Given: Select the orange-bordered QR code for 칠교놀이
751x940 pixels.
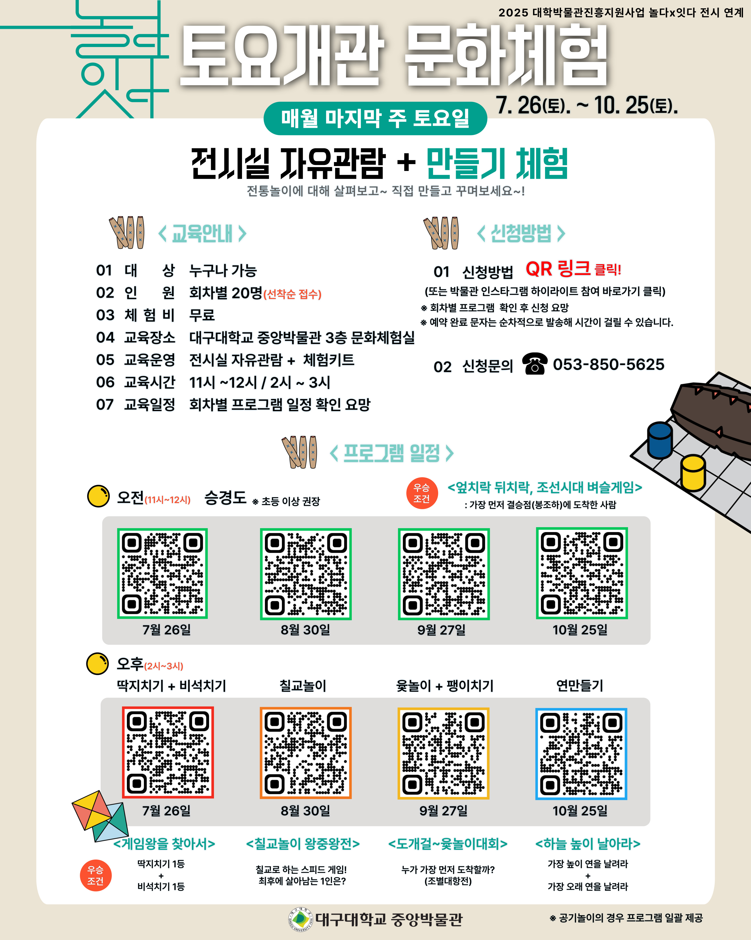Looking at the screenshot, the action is pyautogui.click(x=305, y=753).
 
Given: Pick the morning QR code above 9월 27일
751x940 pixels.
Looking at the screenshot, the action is pyautogui.click(x=444, y=574).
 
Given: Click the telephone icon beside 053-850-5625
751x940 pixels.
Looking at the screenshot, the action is pyautogui.click(x=535, y=364).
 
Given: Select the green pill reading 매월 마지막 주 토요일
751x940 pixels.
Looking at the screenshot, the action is pyautogui.click(x=375, y=118).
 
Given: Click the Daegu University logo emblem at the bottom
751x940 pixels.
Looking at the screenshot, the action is pyautogui.click(x=301, y=919).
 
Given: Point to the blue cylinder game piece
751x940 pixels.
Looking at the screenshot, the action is pyautogui.click(x=660, y=440).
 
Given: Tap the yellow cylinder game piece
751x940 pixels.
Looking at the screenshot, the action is pyautogui.click(x=693, y=473).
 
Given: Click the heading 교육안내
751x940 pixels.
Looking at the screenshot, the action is pyautogui.click(x=202, y=233).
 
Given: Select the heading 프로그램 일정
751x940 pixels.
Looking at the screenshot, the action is pyautogui.click(x=392, y=453).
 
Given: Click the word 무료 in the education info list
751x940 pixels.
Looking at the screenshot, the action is pyautogui.click(x=202, y=315).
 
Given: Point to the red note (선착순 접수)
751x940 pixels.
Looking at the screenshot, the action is pyautogui.click(x=292, y=294).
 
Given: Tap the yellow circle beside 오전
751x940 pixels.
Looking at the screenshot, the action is pyautogui.click(x=98, y=496).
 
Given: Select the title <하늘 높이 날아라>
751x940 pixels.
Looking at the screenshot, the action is pyautogui.click(x=588, y=844).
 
